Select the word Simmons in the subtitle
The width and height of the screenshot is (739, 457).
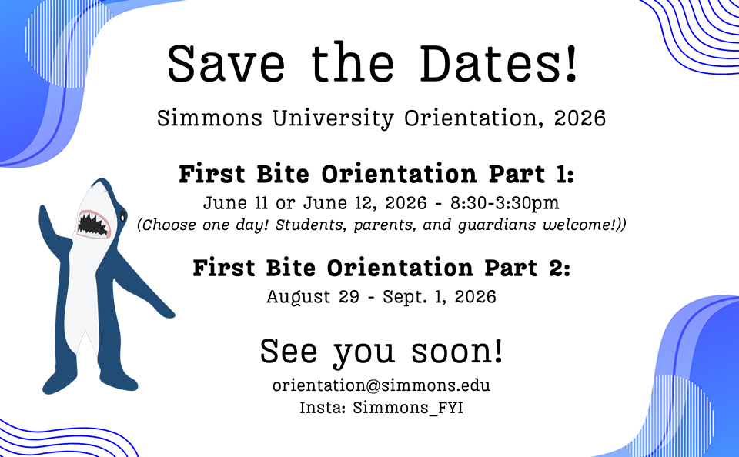[x=203, y=119]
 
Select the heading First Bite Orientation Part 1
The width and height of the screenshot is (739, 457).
[x=376, y=175]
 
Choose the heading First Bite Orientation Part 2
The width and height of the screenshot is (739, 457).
[x=381, y=269]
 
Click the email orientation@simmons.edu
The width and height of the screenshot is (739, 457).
[x=381, y=385]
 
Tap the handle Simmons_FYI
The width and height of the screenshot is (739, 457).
[x=408, y=408]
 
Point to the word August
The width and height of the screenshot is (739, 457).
[x=296, y=296]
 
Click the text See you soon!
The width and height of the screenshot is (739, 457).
[x=381, y=351]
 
